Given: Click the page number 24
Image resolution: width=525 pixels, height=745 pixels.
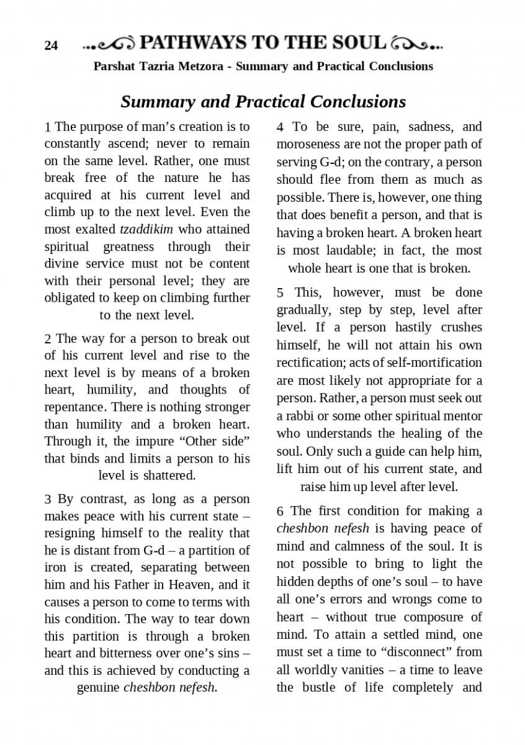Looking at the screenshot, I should pos(51,45).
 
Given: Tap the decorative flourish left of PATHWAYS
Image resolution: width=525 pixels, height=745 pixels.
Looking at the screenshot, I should pos(109,44).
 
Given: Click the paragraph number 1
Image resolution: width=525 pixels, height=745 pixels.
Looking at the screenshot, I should pos(48,127).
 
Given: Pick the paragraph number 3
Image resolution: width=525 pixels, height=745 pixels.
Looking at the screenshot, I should pos(48,499).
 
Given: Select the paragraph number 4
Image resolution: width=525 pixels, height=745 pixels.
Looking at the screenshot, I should pos(280,127).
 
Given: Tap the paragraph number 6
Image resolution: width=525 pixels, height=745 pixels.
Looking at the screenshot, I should pos(280,511).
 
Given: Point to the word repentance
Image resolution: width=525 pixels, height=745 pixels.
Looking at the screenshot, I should pos(74,407).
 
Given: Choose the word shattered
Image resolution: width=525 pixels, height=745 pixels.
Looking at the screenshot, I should pos(169,476).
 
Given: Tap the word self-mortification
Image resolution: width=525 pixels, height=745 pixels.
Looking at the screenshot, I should pos(439,362).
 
